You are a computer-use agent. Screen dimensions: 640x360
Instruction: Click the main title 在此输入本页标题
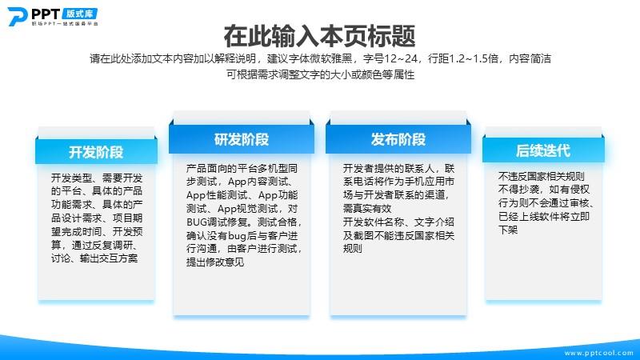click(x=319, y=36)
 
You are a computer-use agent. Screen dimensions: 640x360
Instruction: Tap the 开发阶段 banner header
click(x=96, y=152)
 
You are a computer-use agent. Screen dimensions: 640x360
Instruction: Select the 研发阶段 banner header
click(x=242, y=139)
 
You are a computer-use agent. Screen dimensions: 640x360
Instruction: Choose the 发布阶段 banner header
click(x=398, y=139)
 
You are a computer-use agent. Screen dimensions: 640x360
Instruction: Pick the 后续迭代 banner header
click(x=543, y=150)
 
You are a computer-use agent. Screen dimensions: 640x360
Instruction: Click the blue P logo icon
click(x=17, y=16)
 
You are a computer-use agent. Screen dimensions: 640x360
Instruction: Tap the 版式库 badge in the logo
click(x=80, y=14)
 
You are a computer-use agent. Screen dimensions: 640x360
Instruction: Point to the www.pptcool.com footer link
click(x=598, y=353)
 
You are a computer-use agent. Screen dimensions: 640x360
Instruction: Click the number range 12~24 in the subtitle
click(x=401, y=58)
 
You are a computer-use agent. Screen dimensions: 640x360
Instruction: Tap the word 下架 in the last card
click(x=508, y=230)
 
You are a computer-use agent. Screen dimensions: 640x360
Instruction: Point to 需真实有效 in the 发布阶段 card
click(x=367, y=208)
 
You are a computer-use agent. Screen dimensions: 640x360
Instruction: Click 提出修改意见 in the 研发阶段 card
click(x=215, y=262)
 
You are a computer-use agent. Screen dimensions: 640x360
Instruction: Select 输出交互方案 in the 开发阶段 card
click(x=109, y=258)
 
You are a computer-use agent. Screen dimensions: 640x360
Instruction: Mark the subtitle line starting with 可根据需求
click(x=321, y=74)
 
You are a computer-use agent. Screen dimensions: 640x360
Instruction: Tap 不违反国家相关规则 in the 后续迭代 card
click(x=542, y=176)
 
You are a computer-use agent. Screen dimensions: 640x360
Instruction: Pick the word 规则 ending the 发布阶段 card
click(x=353, y=248)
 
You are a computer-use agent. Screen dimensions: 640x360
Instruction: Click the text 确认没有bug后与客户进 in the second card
click(x=242, y=235)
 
